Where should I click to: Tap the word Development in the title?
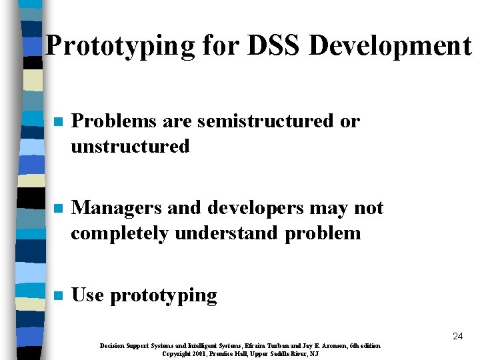(x=390, y=46)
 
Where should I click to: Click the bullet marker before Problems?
(x=58, y=123)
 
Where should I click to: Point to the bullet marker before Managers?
(x=58, y=209)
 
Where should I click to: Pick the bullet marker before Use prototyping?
(x=58, y=295)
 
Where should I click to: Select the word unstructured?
(x=130, y=146)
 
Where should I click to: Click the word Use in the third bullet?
(x=87, y=295)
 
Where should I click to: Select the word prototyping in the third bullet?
(x=163, y=295)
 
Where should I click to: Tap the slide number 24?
(x=457, y=337)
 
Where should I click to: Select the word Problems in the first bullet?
(x=113, y=122)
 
